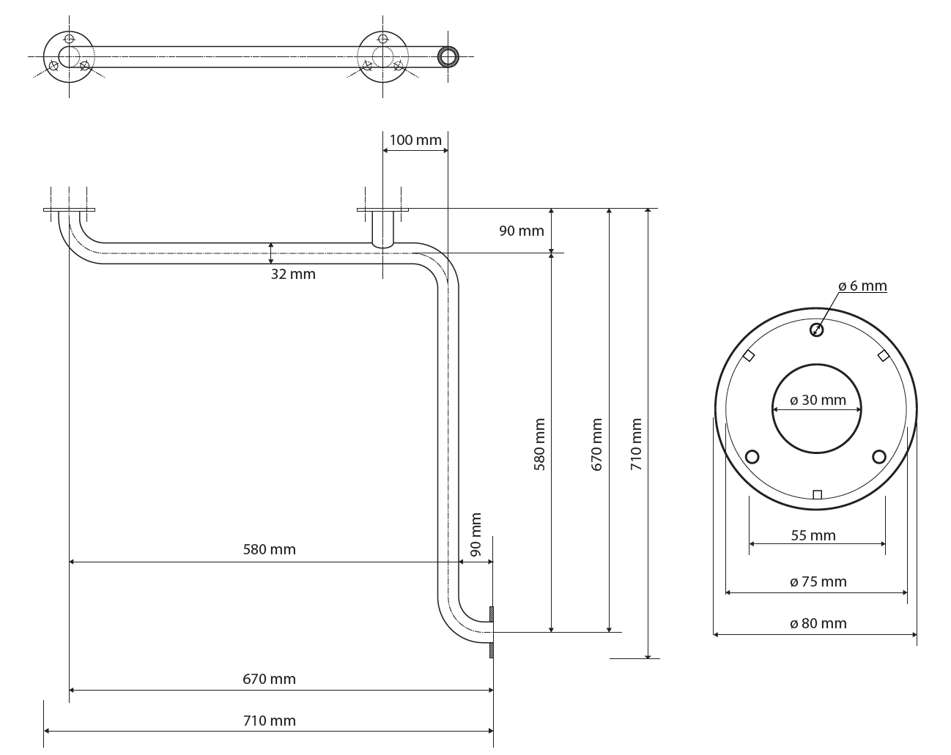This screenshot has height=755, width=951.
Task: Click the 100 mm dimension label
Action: pyautogui.click(x=415, y=140)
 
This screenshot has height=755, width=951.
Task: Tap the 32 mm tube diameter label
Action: pyautogui.click(x=293, y=275)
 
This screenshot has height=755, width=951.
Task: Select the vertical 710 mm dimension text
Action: pyautogui.click(x=635, y=445)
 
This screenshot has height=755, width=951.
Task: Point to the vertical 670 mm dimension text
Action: pyautogui.click(x=596, y=445)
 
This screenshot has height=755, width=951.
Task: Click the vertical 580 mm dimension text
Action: pyautogui.click(x=539, y=445)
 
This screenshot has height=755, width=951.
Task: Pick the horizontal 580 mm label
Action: pyautogui.click(x=269, y=549)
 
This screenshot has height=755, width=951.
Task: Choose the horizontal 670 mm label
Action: pyautogui.click(x=269, y=679)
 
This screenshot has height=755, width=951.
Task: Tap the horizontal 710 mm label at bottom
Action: pyautogui.click(x=269, y=721)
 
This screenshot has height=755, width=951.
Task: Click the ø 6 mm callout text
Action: pyautogui.click(x=862, y=286)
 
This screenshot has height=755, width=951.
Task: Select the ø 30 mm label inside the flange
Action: pyautogui.click(x=818, y=400)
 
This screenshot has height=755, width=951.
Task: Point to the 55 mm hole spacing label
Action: pyautogui.click(x=813, y=535)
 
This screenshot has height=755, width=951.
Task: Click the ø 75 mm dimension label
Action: pyautogui.click(x=818, y=581)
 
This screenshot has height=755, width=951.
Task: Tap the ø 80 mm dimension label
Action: pyautogui.click(x=818, y=623)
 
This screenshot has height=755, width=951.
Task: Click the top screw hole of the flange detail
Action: pyautogui.click(x=816, y=330)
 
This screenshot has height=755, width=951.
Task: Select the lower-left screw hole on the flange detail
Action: pyautogui.click(x=752, y=456)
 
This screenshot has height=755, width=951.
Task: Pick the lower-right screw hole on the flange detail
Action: pyautogui.click(x=879, y=456)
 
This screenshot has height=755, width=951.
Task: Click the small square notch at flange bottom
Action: pyautogui.click(x=817, y=494)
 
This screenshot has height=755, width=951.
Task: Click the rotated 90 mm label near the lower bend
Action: pyautogui.click(x=475, y=535)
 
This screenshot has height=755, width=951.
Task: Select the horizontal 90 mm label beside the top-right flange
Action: pyautogui.click(x=522, y=231)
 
